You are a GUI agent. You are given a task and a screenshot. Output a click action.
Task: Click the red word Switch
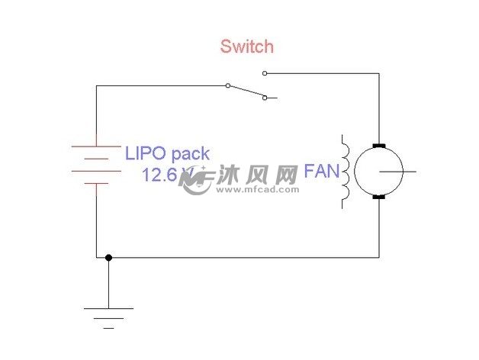point(246,47)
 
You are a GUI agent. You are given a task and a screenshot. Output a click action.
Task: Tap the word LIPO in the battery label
point(143,153)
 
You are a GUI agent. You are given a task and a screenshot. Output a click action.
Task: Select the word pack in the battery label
point(187,153)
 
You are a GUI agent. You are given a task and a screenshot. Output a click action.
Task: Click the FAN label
point(321,171)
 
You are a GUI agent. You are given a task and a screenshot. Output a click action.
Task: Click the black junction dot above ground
point(108,258)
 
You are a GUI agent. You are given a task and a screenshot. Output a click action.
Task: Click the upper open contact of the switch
point(265,74)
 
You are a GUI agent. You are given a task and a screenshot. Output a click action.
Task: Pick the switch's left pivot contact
point(228,86)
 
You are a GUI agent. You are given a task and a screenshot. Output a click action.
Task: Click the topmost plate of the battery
point(96,146)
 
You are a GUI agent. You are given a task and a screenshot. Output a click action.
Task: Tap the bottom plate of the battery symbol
point(96,184)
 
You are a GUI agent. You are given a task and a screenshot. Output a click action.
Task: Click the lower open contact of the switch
point(265,98)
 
